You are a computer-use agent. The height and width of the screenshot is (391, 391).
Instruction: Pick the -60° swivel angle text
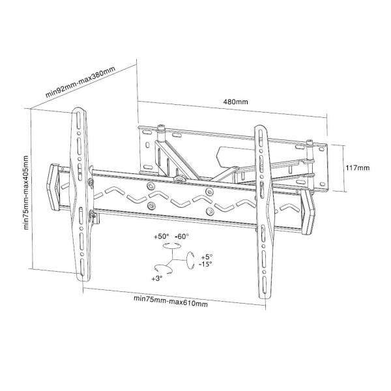pos(181,236)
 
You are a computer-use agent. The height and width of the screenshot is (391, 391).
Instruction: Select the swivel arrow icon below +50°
pos(171,246)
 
